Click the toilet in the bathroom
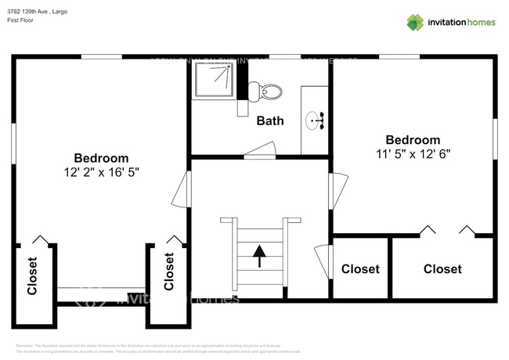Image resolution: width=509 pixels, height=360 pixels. pyautogui.click(x=269, y=92)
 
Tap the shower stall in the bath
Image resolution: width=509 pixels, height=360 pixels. pyautogui.click(x=214, y=81)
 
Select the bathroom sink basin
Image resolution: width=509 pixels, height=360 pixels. pyautogui.click(x=315, y=121)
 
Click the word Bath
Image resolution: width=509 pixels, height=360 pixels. pyautogui.click(x=270, y=121)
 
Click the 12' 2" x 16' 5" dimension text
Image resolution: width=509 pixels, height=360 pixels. pyautogui.click(x=101, y=171)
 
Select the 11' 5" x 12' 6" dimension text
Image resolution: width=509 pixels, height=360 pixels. pyautogui.click(x=412, y=154)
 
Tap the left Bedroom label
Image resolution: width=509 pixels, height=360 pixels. pyautogui.click(x=101, y=157)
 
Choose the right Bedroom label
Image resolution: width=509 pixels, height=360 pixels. pyautogui.click(x=412, y=140)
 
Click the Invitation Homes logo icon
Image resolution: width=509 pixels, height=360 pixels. pyautogui.click(x=415, y=22)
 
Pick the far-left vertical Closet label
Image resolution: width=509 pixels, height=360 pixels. pyautogui.click(x=32, y=276)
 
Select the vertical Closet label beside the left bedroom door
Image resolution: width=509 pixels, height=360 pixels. pyautogui.click(x=169, y=272)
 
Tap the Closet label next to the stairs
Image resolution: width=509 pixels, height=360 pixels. pyautogui.click(x=360, y=268)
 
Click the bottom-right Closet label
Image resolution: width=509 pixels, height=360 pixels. pyautogui.click(x=442, y=268)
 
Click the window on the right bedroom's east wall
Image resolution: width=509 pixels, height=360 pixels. pyautogui.click(x=495, y=139)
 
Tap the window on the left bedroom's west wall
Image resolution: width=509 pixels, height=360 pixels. pyautogui.click(x=13, y=145)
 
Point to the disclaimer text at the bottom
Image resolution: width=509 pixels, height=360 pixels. pyautogui.click(x=157, y=348)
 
